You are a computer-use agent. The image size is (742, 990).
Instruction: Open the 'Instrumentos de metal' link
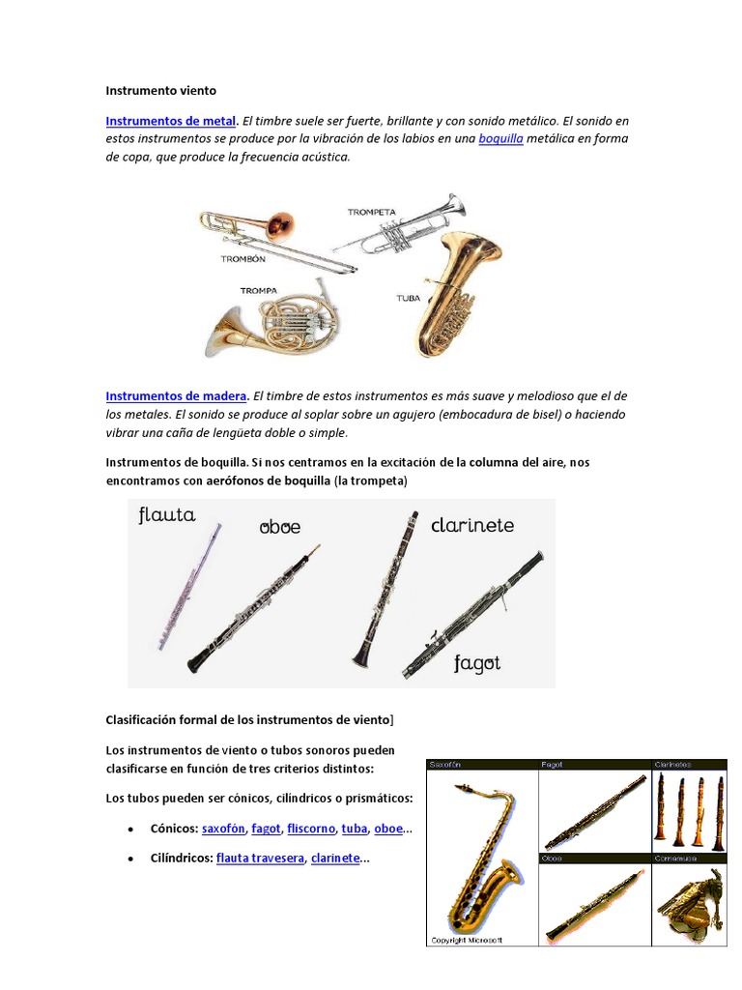(170, 121)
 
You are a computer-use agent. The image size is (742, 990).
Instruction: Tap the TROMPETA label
(373, 212)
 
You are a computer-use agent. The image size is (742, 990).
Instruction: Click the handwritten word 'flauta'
(166, 515)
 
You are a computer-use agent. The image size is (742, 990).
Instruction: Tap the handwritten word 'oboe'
(279, 527)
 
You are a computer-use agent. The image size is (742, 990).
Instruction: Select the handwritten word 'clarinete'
(472, 525)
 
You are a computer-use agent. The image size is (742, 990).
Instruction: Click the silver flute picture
(190, 587)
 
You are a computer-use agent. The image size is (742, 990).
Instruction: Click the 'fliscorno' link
(310, 829)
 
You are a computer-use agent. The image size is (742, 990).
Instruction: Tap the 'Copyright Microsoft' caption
(465, 939)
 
